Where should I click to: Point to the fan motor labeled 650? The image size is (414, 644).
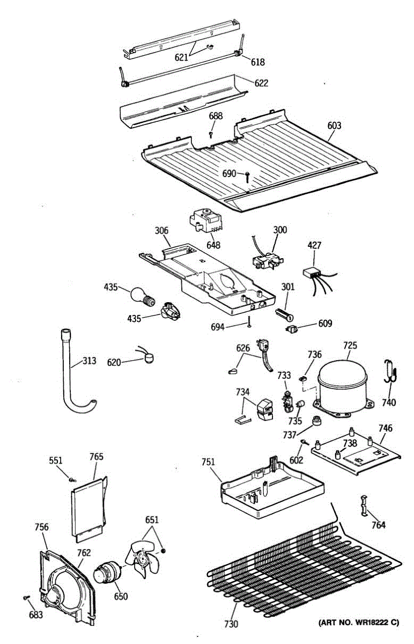click(x=107, y=572)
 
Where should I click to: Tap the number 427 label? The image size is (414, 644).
click(x=314, y=246)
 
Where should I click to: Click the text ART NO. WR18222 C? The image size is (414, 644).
click(x=359, y=623)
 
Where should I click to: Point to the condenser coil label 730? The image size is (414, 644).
click(x=232, y=624)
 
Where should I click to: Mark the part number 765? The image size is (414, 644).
click(x=96, y=457)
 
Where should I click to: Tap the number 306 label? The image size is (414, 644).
click(x=161, y=231)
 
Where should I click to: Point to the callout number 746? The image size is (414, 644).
click(x=385, y=428)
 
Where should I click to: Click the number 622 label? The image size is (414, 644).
click(x=261, y=83)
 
